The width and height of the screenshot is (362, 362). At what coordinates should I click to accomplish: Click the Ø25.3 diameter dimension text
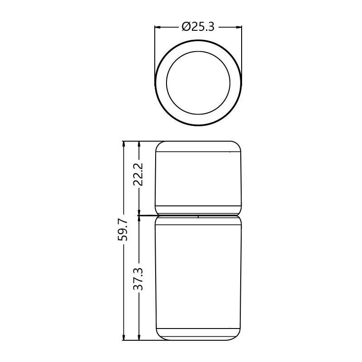point(198,27)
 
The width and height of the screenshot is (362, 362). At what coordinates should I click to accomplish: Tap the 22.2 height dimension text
point(138,174)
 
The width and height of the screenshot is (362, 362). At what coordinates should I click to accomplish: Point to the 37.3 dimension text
point(138,279)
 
